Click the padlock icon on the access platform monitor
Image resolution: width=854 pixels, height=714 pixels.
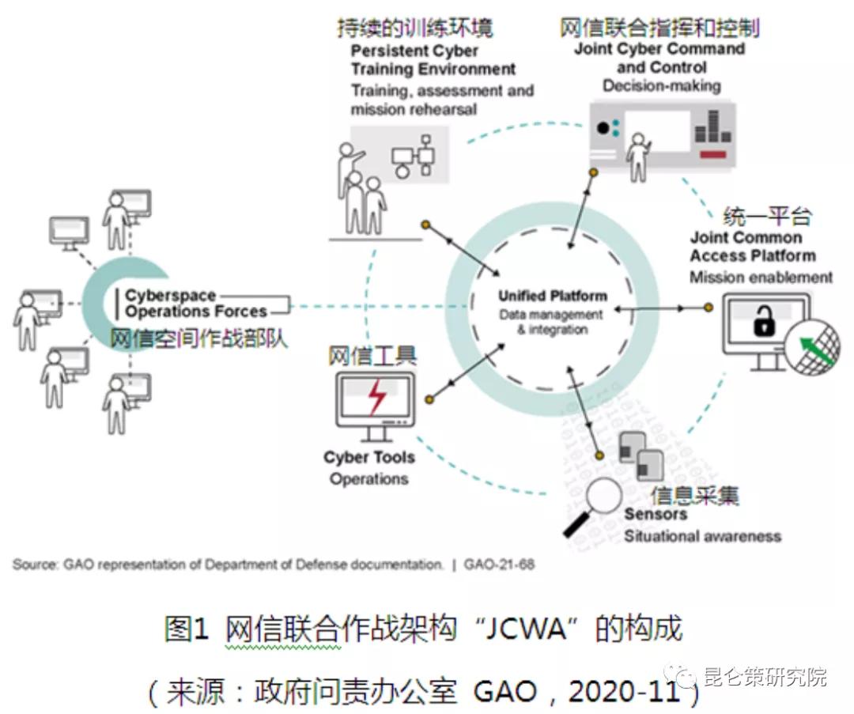point(764,323)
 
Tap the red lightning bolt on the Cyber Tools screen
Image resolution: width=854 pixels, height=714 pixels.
point(378,396)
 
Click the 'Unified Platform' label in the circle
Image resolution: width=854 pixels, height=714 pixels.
point(553,297)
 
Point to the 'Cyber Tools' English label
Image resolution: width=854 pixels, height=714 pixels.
point(368,458)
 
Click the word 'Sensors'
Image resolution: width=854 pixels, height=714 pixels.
point(656,515)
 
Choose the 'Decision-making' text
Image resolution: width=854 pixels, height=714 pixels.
point(661,85)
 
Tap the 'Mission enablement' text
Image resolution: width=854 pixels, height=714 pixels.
point(761,278)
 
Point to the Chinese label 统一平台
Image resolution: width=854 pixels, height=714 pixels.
point(768,216)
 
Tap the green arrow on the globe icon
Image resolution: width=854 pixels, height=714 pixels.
point(819,350)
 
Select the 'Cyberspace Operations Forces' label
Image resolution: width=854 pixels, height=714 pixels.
point(195,304)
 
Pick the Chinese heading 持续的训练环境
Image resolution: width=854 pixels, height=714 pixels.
point(414,28)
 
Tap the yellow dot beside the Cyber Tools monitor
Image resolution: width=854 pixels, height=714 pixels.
point(429,399)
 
